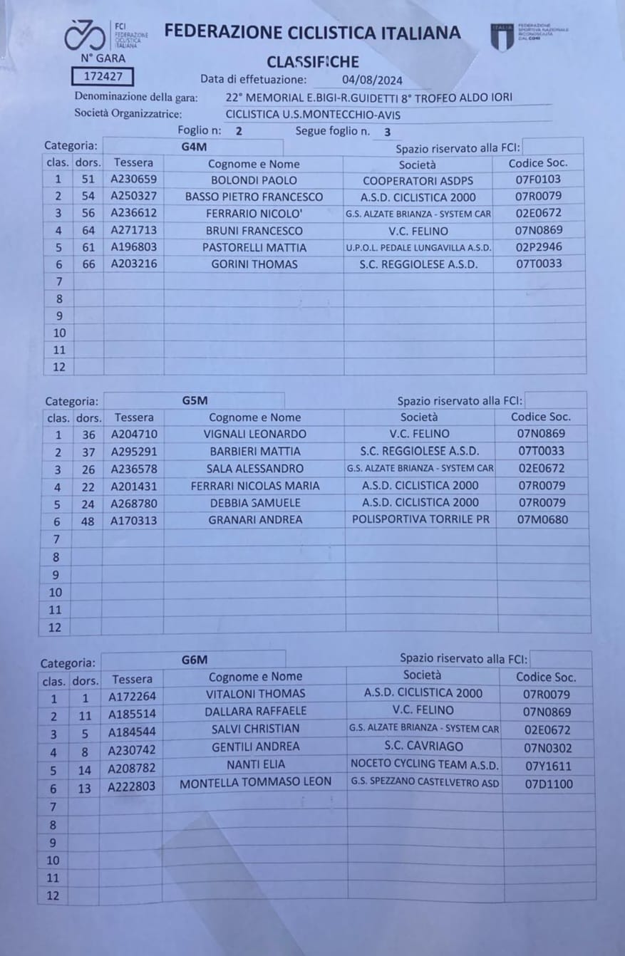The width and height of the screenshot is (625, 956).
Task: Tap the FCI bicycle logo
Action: pos(84,34)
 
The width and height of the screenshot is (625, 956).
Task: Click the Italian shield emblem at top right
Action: pos(502,36)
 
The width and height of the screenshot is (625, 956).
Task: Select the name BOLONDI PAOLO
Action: pos(254,180)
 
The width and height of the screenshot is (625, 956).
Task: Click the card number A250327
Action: pos(134,197)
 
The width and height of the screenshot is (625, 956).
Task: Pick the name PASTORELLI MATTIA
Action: pos(254,248)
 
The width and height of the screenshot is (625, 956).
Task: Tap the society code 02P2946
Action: pos(539,247)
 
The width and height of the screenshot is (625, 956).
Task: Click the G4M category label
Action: pos(193,147)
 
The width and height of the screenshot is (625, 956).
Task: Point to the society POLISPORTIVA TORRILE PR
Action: pos(421,519)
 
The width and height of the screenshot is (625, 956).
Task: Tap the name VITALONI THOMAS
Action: pos(255,694)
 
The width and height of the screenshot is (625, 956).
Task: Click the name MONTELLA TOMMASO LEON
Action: pos(255,781)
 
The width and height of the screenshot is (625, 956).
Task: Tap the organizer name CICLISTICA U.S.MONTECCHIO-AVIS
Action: pos(313,114)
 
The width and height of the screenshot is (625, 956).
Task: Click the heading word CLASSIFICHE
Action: pos(313,62)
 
